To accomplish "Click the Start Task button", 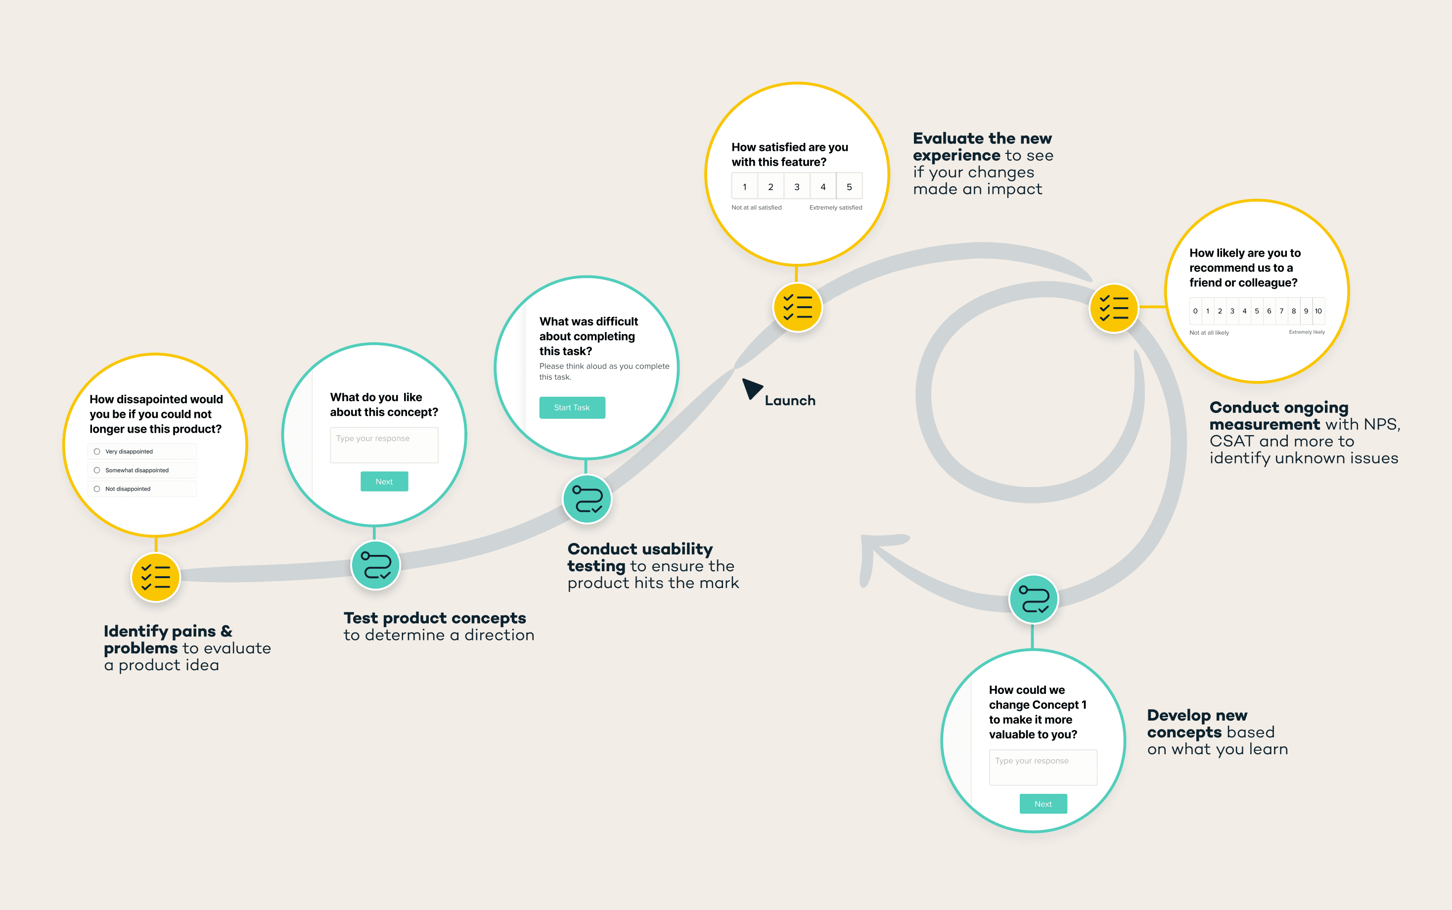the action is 572,408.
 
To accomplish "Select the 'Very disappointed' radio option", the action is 97,452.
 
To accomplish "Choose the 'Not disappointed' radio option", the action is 97,489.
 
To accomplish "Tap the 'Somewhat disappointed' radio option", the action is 97,470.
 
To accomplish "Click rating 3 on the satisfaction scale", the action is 797,186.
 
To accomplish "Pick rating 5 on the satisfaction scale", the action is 849,186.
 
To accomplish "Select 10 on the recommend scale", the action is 1318,311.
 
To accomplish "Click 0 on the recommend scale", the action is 1195,311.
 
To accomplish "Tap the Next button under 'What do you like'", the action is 384,482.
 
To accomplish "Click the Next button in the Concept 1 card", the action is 1043,804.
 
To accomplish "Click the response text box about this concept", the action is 384,445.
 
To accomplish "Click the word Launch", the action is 790,401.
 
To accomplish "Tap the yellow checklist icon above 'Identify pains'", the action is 156,577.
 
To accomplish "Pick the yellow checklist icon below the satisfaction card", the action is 797,307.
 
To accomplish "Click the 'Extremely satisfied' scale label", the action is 835,208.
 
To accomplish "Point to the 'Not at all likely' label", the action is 1209,333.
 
